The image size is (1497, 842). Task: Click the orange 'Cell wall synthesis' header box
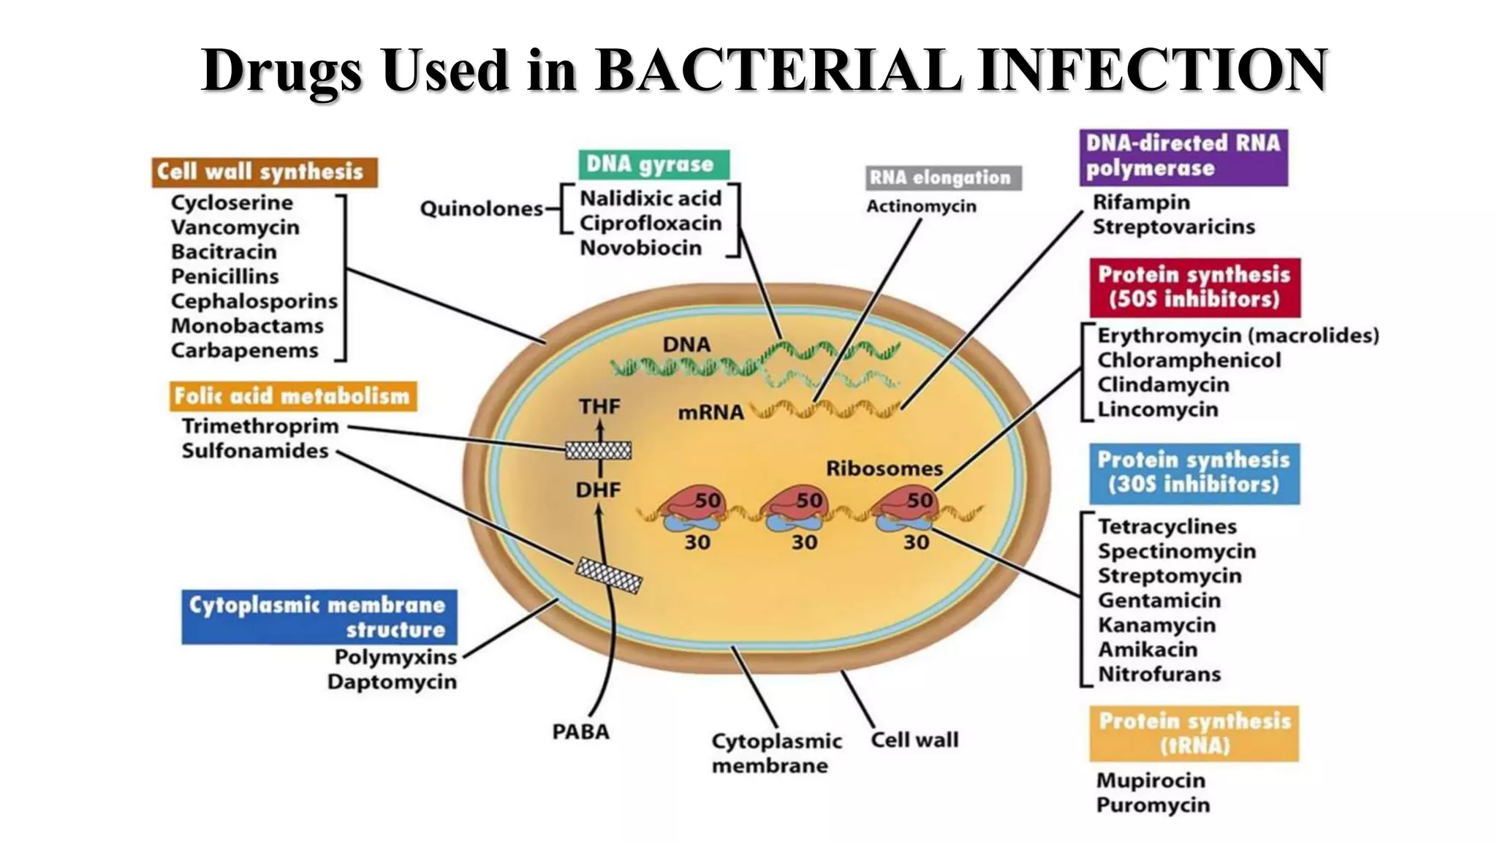coord(265,172)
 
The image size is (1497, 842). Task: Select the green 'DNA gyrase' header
coord(653,164)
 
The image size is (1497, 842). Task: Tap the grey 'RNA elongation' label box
coord(943,178)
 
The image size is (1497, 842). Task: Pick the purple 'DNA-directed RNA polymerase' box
coord(1183,156)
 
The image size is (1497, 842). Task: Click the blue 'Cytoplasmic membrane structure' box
coord(319,617)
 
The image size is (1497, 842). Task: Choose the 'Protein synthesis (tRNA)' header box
coord(1194,733)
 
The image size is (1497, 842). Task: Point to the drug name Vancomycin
coord(235,227)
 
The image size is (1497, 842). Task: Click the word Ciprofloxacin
coord(651,223)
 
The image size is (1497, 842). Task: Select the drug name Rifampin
coord(1141,202)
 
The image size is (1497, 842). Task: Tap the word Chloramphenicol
coord(1189,360)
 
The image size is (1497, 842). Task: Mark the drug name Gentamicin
coord(1159,600)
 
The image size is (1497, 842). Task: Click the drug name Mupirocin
coord(1151,780)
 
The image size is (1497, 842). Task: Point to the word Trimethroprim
coord(260,426)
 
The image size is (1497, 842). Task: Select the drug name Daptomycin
coord(392,682)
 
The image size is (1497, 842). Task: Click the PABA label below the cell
coord(580,732)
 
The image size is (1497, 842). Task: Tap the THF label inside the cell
coord(599,406)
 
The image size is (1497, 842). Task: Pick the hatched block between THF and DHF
coord(599,450)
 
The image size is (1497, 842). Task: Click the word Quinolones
coord(482,209)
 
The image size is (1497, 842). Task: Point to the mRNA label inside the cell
coord(710,413)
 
